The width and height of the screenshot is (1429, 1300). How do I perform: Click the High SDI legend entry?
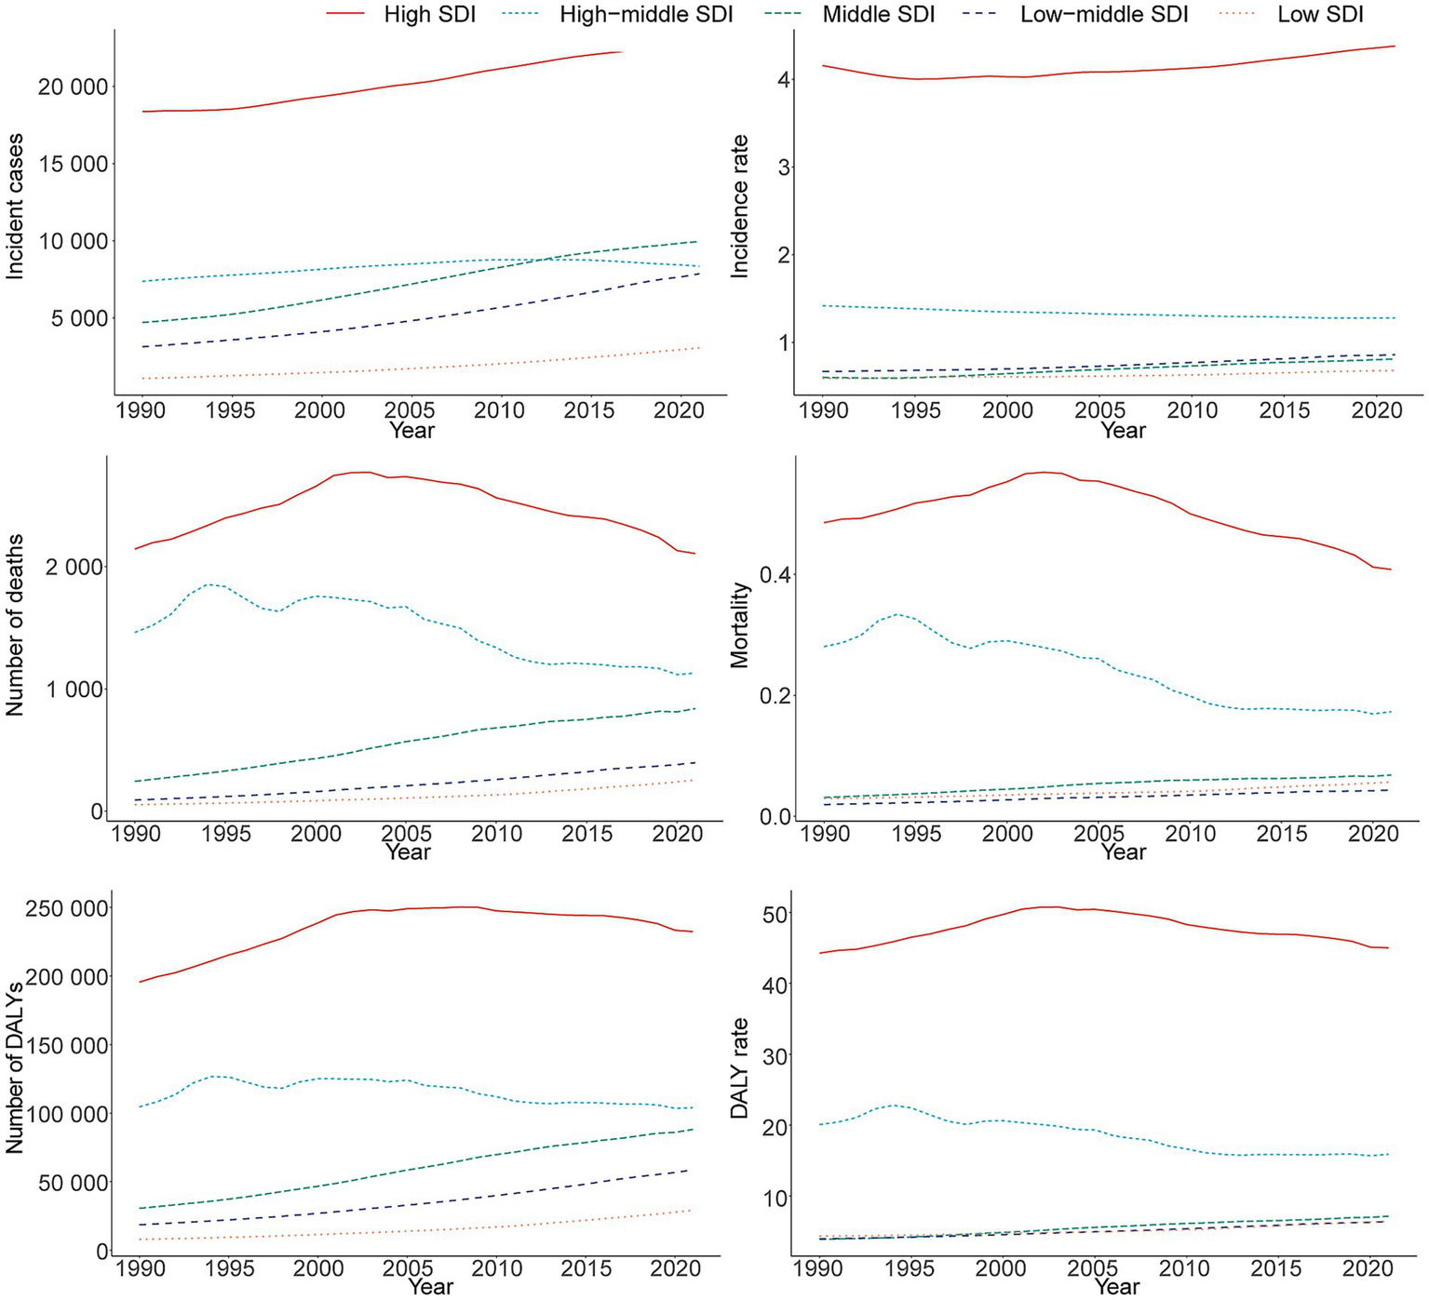[429, 14]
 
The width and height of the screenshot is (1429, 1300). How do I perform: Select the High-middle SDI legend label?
[646, 14]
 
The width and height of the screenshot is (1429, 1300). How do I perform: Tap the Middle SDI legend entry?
[878, 14]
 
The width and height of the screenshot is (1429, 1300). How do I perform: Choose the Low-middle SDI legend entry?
[1104, 14]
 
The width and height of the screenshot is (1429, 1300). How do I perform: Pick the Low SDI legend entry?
[1319, 14]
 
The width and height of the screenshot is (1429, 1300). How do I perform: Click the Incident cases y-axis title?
[15, 207]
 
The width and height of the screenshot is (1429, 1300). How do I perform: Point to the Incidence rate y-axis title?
[740, 207]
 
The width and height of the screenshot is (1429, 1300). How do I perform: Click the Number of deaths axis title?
[15, 625]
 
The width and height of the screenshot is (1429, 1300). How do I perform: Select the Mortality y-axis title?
[740, 625]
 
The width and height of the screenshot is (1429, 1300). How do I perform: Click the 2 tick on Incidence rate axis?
[783, 256]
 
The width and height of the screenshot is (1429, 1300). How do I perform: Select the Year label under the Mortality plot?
[1123, 851]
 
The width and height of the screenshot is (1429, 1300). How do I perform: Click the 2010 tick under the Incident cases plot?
[500, 410]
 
